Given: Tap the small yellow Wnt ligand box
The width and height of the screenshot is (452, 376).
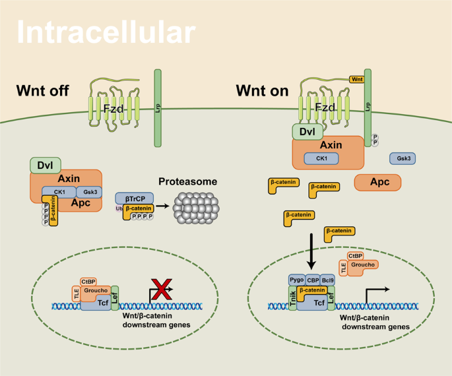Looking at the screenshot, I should [356, 79].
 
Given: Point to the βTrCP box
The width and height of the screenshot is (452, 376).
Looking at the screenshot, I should [134, 198].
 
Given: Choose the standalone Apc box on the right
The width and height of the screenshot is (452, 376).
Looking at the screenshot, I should [377, 182].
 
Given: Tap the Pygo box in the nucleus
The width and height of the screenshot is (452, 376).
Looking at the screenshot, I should [296, 280].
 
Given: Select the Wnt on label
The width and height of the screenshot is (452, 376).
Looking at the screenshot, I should [263, 92].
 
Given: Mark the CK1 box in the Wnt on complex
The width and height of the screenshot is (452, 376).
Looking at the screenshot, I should [321, 158].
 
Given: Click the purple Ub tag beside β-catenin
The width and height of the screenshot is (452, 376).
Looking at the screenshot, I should [119, 208].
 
